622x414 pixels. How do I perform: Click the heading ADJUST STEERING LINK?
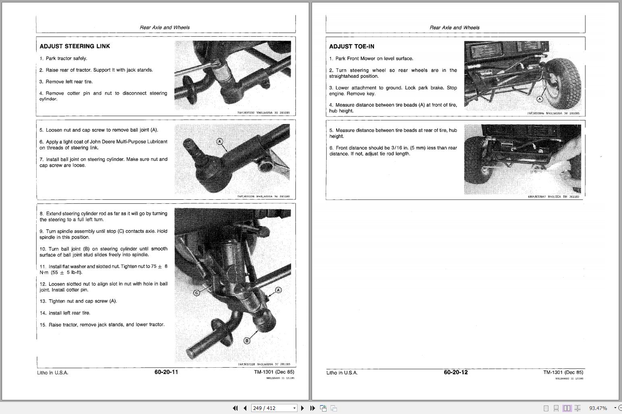pyautogui.click(x=74, y=46)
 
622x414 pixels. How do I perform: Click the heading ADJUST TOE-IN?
pyautogui.click(x=351, y=47)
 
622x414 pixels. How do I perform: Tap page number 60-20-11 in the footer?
pyautogui.click(x=166, y=372)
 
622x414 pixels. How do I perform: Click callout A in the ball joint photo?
pyautogui.click(x=219, y=141)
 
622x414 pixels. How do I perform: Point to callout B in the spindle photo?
pyautogui.click(x=247, y=341)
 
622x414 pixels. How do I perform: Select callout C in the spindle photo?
pyautogui.click(x=197, y=293)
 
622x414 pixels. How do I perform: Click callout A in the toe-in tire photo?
pyautogui.click(x=540, y=99)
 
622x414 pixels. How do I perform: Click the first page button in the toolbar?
pyautogui.click(x=235, y=408)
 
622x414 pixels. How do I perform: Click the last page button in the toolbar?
pyautogui.click(x=312, y=408)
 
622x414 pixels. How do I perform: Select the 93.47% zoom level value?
pyautogui.click(x=598, y=408)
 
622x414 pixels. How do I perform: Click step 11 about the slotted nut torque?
pyautogui.click(x=103, y=269)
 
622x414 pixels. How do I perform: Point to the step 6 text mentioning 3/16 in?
pyautogui.click(x=393, y=151)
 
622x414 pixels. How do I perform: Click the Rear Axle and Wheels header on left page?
pyautogui.click(x=164, y=27)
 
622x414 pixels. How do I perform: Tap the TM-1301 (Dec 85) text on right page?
pyautogui.click(x=563, y=373)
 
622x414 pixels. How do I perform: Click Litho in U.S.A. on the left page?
pyautogui.click(x=53, y=373)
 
